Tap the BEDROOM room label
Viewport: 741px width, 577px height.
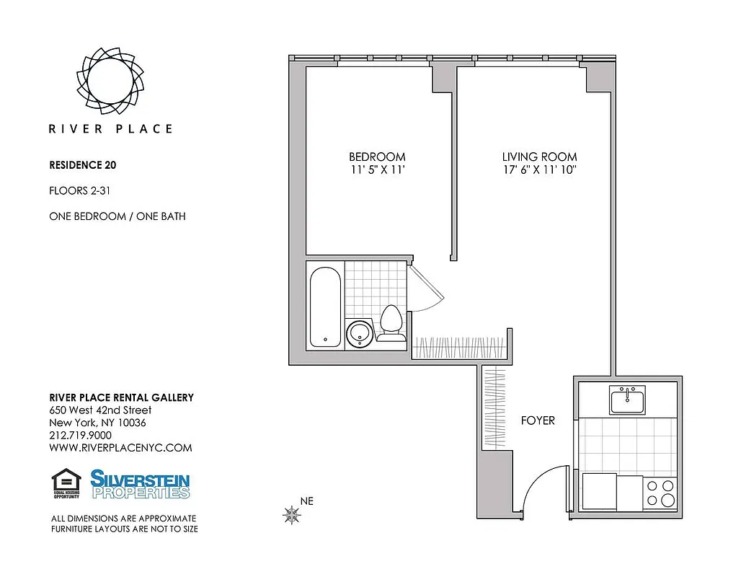(377, 157)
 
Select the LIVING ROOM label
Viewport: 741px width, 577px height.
(539, 157)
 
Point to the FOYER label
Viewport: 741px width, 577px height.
(538, 420)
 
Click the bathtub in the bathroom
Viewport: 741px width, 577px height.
(324, 305)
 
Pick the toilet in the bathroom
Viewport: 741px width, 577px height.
(391, 322)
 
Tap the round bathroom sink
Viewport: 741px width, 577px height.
(359, 334)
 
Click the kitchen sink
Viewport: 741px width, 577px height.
(627, 400)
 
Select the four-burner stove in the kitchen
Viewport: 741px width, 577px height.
(660, 492)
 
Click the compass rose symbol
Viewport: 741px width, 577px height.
(292, 514)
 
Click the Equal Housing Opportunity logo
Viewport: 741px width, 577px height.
(67, 483)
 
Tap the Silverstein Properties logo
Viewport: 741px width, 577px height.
(140, 484)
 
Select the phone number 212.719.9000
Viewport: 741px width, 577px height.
(80, 435)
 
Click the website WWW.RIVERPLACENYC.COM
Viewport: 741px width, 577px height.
(120, 447)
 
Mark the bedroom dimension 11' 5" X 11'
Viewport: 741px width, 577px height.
(377, 170)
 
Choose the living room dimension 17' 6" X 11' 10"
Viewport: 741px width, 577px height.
(539, 170)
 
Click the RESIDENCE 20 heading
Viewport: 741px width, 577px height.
(82, 164)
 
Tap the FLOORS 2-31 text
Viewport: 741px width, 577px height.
(79, 190)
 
